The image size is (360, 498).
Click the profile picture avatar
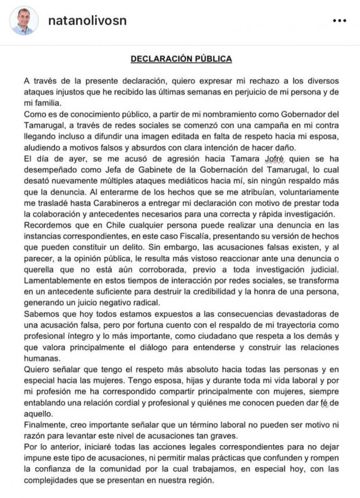[22, 22]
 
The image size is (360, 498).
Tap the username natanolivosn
[87, 21]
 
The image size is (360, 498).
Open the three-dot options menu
[339, 21]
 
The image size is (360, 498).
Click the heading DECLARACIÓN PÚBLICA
[181, 59]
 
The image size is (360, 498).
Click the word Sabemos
[41, 317]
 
